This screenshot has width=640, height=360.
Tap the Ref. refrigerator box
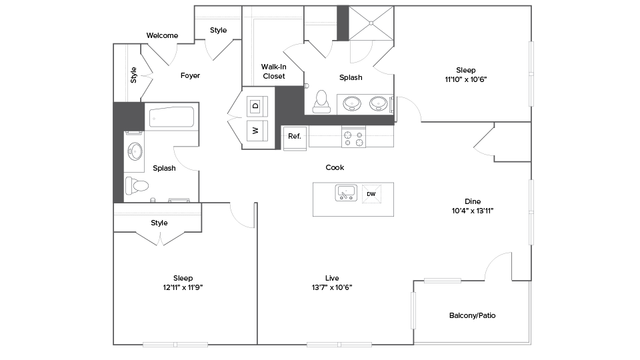[295, 136]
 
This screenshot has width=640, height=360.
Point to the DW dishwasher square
[371, 194]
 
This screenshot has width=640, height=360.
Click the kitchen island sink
[346, 193]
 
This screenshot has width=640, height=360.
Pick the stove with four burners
[354, 137]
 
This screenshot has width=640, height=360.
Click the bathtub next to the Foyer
[171, 119]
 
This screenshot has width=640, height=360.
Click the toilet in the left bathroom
[139, 185]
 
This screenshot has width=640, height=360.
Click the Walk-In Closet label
[273, 71]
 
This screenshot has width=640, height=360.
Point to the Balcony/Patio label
[472, 315]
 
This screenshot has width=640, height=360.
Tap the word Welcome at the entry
[162, 35]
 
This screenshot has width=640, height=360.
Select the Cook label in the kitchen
[335, 167]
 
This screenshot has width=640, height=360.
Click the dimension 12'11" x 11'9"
[183, 287]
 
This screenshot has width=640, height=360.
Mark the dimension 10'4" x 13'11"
[472, 211]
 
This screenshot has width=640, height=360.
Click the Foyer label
[190, 75]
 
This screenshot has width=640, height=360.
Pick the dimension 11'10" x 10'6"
[465, 79]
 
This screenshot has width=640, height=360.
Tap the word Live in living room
[332, 278]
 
